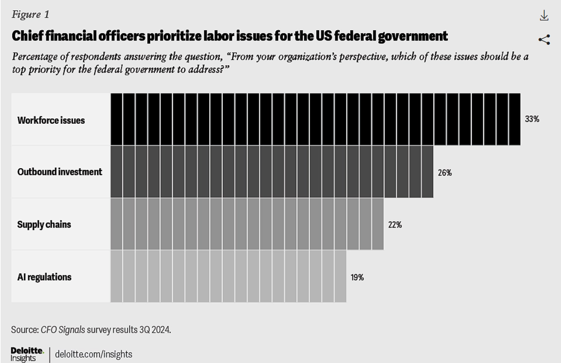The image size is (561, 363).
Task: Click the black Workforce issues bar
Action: pyautogui.click(x=315, y=119)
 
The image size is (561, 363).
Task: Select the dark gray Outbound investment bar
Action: pyautogui.click(x=272, y=172)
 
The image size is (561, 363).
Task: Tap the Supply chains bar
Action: pyautogui.click(x=247, y=225)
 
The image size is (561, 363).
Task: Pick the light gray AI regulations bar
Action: pyautogui.click(x=228, y=277)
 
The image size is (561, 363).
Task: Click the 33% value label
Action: pyautogui.click(x=532, y=119)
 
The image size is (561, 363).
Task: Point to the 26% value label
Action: pyautogui.click(x=445, y=172)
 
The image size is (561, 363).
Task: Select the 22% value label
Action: pyautogui.click(x=395, y=225)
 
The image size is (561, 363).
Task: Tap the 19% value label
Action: pyautogui.click(x=357, y=278)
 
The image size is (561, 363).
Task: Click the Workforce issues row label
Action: pyautogui.click(x=51, y=120)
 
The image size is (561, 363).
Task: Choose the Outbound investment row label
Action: pyautogui.click(x=60, y=172)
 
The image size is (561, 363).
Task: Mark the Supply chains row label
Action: pyautogui.click(x=44, y=225)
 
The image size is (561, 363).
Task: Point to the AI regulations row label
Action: pyautogui.click(x=44, y=277)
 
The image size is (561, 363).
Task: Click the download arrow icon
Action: pyautogui.click(x=544, y=16)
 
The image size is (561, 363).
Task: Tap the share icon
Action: pyautogui.click(x=544, y=40)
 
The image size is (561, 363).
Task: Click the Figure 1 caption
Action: pyautogui.click(x=30, y=15)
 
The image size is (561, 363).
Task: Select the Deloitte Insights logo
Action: pyautogui.click(x=27, y=354)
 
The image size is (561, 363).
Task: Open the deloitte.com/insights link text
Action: pyautogui.click(x=94, y=354)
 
